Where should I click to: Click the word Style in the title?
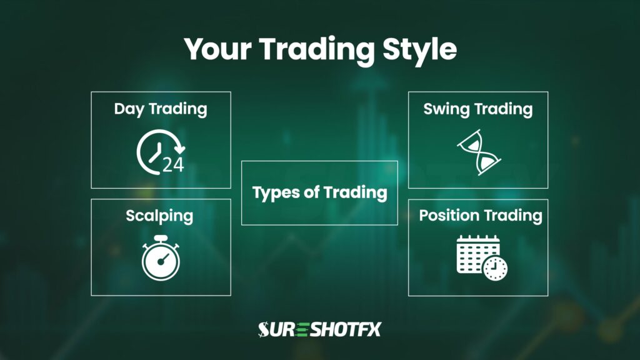click(416, 49)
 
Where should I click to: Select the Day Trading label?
click(161, 109)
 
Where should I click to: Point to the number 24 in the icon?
click(173, 164)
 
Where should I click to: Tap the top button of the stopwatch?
click(161, 238)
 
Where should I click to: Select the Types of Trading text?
click(319, 192)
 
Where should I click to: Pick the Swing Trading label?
click(478, 109)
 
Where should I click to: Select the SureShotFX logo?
click(319, 329)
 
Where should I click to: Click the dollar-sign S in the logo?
click(265, 329)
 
